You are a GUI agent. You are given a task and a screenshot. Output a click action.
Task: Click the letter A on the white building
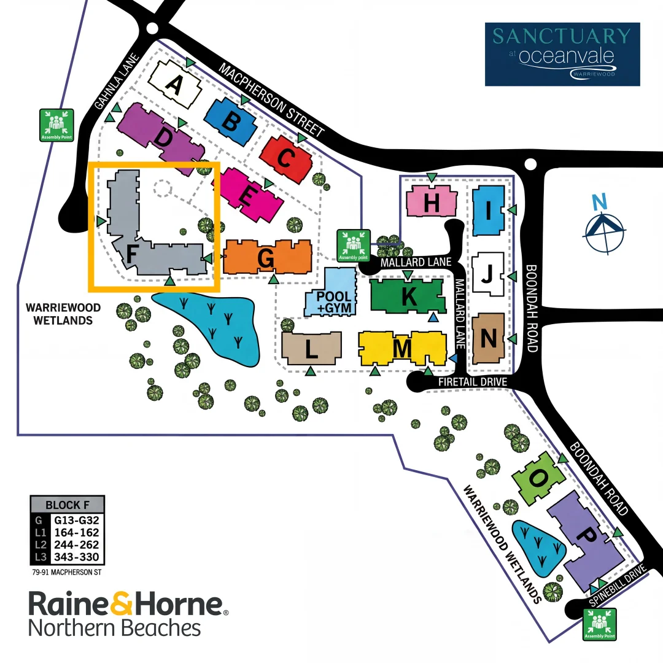[x=174, y=84]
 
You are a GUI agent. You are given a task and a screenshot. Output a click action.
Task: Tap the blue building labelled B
[x=231, y=122]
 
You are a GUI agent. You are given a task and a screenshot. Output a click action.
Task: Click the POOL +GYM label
[x=334, y=302]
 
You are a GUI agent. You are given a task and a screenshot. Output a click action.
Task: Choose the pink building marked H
[x=432, y=201]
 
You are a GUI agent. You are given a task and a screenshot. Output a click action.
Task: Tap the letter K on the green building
[x=408, y=296]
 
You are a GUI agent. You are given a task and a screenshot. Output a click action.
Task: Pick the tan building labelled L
[x=312, y=348]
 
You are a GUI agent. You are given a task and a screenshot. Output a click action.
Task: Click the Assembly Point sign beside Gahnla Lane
[x=56, y=125]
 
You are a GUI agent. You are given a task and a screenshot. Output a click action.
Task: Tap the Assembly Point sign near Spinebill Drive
[x=600, y=624]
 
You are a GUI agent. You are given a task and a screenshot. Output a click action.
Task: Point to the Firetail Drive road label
[x=473, y=382]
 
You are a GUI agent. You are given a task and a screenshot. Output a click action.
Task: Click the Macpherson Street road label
[x=271, y=100]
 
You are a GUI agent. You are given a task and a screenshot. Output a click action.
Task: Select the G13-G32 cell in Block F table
[x=77, y=520]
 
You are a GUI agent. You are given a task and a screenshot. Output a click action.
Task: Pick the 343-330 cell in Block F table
[x=77, y=557]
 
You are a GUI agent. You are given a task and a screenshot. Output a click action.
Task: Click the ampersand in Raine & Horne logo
[x=122, y=604]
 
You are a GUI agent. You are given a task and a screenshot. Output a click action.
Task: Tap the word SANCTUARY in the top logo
[x=562, y=36]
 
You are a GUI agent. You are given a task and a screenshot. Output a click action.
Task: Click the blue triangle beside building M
[x=453, y=358]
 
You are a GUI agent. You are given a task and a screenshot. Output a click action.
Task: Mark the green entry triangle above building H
[x=432, y=177]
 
